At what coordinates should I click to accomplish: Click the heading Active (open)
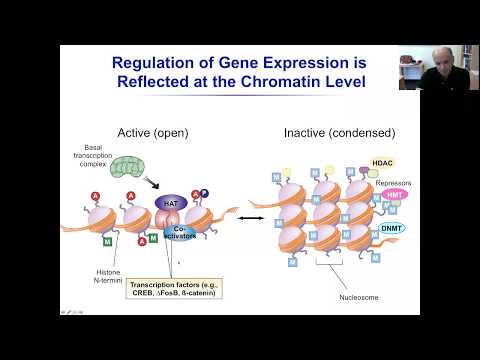153,132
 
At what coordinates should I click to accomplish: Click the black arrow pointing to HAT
155,185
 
